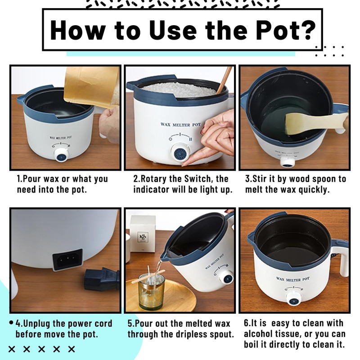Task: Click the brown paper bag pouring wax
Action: pyautogui.click(x=92, y=87)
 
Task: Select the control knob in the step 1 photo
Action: pyautogui.click(x=62, y=155)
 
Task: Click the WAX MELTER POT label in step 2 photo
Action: pyautogui.click(x=181, y=125)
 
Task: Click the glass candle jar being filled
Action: pyautogui.click(x=152, y=292)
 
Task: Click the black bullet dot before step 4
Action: pyautogui.click(x=11, y=323)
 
